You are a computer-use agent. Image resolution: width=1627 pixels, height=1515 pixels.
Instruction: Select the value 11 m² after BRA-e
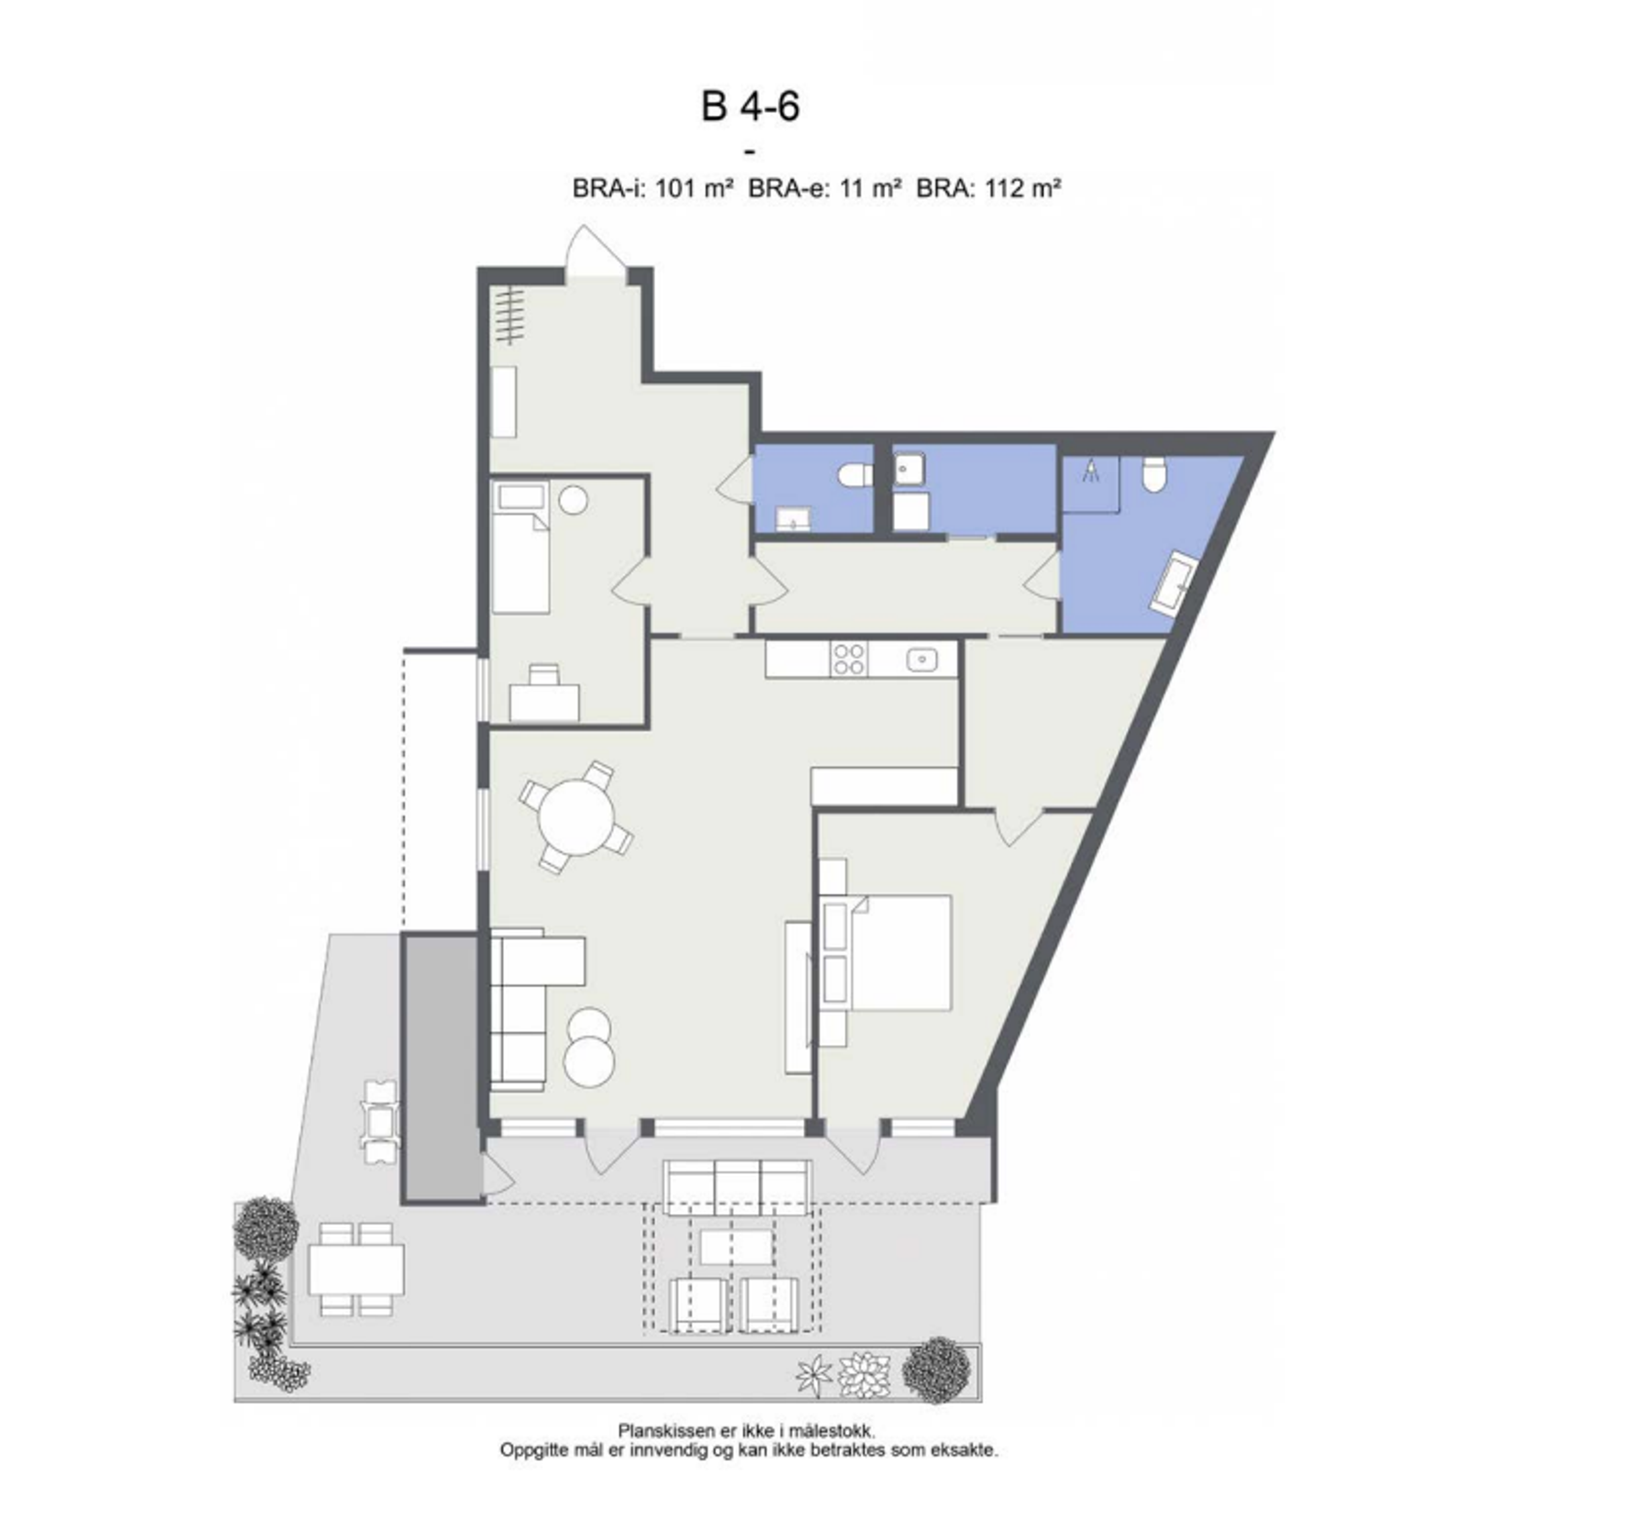871,189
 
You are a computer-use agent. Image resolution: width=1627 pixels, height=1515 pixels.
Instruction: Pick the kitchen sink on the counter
922,658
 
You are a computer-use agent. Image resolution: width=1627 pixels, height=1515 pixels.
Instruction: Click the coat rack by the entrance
511,315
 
